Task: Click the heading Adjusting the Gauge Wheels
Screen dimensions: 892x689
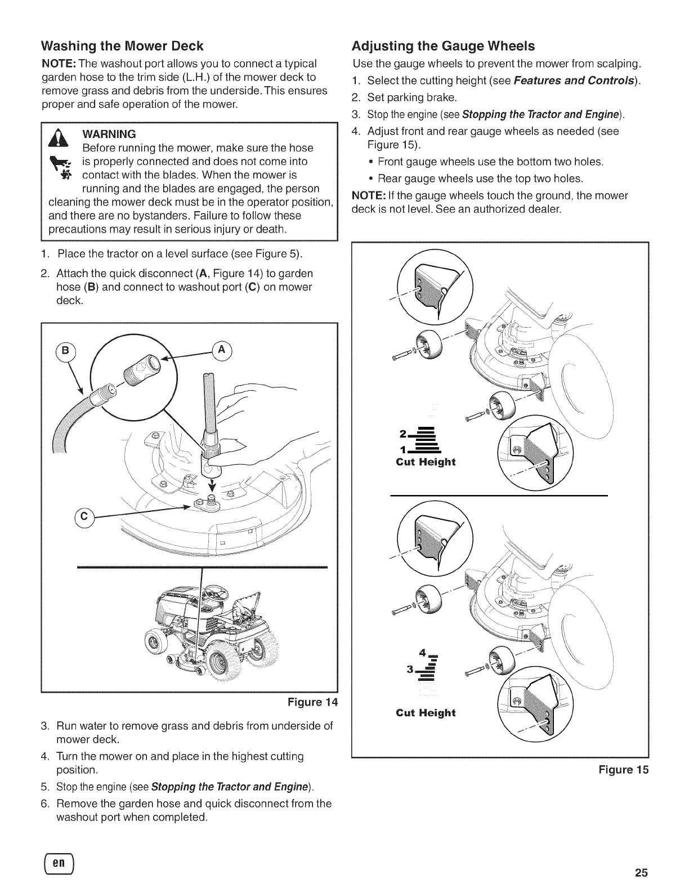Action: pos(443,46)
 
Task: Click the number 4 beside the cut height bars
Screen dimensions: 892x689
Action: pos(422,653)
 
